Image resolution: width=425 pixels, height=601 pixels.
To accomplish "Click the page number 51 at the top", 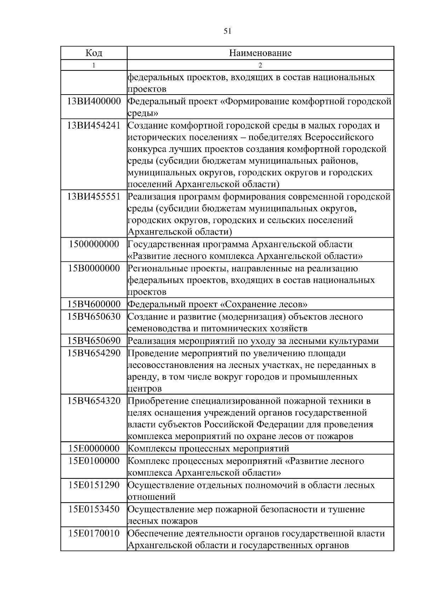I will tap(227, 31).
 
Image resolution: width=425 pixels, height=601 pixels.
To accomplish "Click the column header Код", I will tap(94, 53).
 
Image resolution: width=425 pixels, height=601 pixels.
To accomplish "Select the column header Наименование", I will tap(260, 53).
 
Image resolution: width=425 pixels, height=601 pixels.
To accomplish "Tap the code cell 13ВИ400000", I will tap(94, 102).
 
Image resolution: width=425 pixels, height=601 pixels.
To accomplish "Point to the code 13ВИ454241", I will tap(94, 125).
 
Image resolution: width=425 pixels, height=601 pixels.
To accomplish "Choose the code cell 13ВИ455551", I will tap(94, 197).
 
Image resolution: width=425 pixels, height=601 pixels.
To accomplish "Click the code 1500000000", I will tap(94, 244).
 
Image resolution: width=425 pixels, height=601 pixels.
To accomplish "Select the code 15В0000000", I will tap(94, 268).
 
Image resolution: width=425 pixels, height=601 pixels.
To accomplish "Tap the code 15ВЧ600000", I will tap(94, 304).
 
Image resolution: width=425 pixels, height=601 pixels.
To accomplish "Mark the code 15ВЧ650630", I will tap(94, 317).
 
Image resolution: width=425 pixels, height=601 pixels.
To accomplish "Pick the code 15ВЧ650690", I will tap(94, 341).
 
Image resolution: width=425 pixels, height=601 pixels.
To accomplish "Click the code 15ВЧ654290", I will tap(94, 353).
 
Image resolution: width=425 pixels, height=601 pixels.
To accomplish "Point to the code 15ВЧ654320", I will tap(94, 401).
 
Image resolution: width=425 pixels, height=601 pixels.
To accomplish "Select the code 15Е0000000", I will tap(94, 448).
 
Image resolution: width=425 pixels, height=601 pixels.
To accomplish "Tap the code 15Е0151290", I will tap(94, 485).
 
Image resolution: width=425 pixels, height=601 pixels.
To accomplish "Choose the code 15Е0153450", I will tap(94, 509).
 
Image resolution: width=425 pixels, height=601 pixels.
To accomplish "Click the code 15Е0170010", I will tap(94, 533).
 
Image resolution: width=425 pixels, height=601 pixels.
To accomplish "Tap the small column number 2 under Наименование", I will tap(260, 65).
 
